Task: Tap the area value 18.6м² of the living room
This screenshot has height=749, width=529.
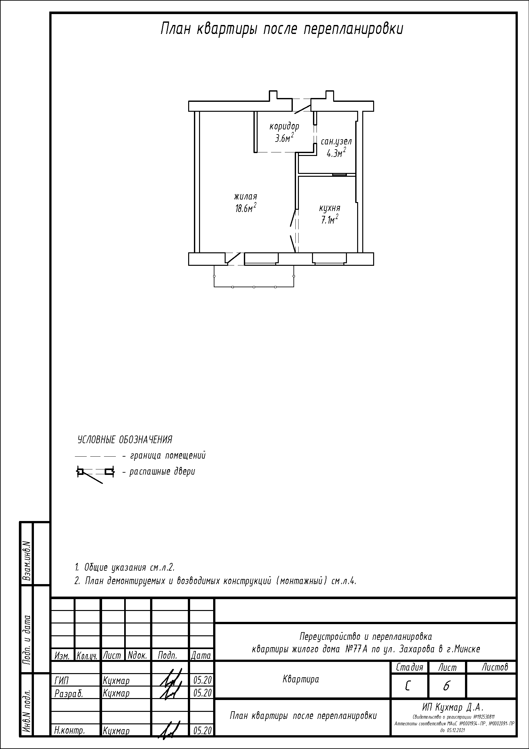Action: [246, 208]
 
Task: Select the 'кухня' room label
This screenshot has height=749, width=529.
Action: [330, 208]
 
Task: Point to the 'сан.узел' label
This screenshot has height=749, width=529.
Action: [336, 142]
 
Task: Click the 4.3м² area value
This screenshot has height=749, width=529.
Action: [336, 153]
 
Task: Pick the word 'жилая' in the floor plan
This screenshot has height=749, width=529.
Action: [246, 197]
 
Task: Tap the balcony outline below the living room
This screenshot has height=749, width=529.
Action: [254, 287]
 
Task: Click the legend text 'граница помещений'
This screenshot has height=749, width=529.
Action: [168, 456]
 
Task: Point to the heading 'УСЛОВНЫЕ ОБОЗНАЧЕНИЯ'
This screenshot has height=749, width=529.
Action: [125, 440]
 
